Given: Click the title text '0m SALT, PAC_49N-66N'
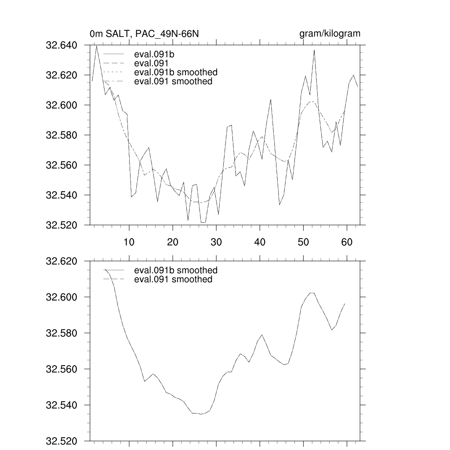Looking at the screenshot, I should (x=146, y=34).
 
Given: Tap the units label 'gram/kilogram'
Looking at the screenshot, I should (x=330, y=34).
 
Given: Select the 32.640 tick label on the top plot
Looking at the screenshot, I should (x=65, y=45).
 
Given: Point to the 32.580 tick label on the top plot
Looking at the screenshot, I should (x=65, y=135).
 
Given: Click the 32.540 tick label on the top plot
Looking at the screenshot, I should (x=65, y=195).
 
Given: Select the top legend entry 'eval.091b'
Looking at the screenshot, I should (x=152, y=55).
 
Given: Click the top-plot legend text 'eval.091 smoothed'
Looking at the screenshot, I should (x=173, y=81).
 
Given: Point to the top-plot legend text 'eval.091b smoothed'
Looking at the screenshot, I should (x=176, y=72).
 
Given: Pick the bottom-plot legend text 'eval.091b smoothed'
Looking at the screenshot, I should (x=176, y=270).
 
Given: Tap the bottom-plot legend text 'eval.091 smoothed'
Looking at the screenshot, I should (x=173, y=279).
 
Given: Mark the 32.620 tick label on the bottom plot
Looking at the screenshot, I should (x=65, y=261).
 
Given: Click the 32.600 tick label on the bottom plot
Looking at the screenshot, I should (x=65, y=298).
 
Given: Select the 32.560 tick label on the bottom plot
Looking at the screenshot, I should (x=65, y=369).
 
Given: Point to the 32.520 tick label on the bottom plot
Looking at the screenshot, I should (x=65, y=441).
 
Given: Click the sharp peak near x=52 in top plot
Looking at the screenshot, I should (x=314, y=50).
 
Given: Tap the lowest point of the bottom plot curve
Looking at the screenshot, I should (x=201, y=414).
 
